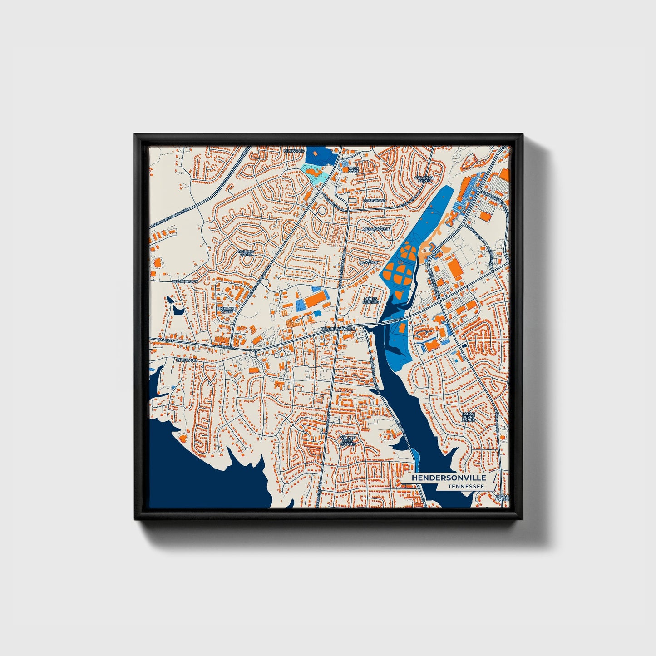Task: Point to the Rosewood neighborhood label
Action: (375, 201)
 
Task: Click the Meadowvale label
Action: (376, 230)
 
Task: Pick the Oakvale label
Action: (369, 262)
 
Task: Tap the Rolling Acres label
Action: (246, 252)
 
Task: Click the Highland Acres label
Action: (227, 311)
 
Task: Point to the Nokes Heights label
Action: (371, 301)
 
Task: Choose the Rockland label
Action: (187, 360)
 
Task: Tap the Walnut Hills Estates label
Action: (348, 440)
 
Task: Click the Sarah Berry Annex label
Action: (469, 417)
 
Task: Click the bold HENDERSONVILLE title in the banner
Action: (449, 478)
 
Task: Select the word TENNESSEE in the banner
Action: (465, 487)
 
